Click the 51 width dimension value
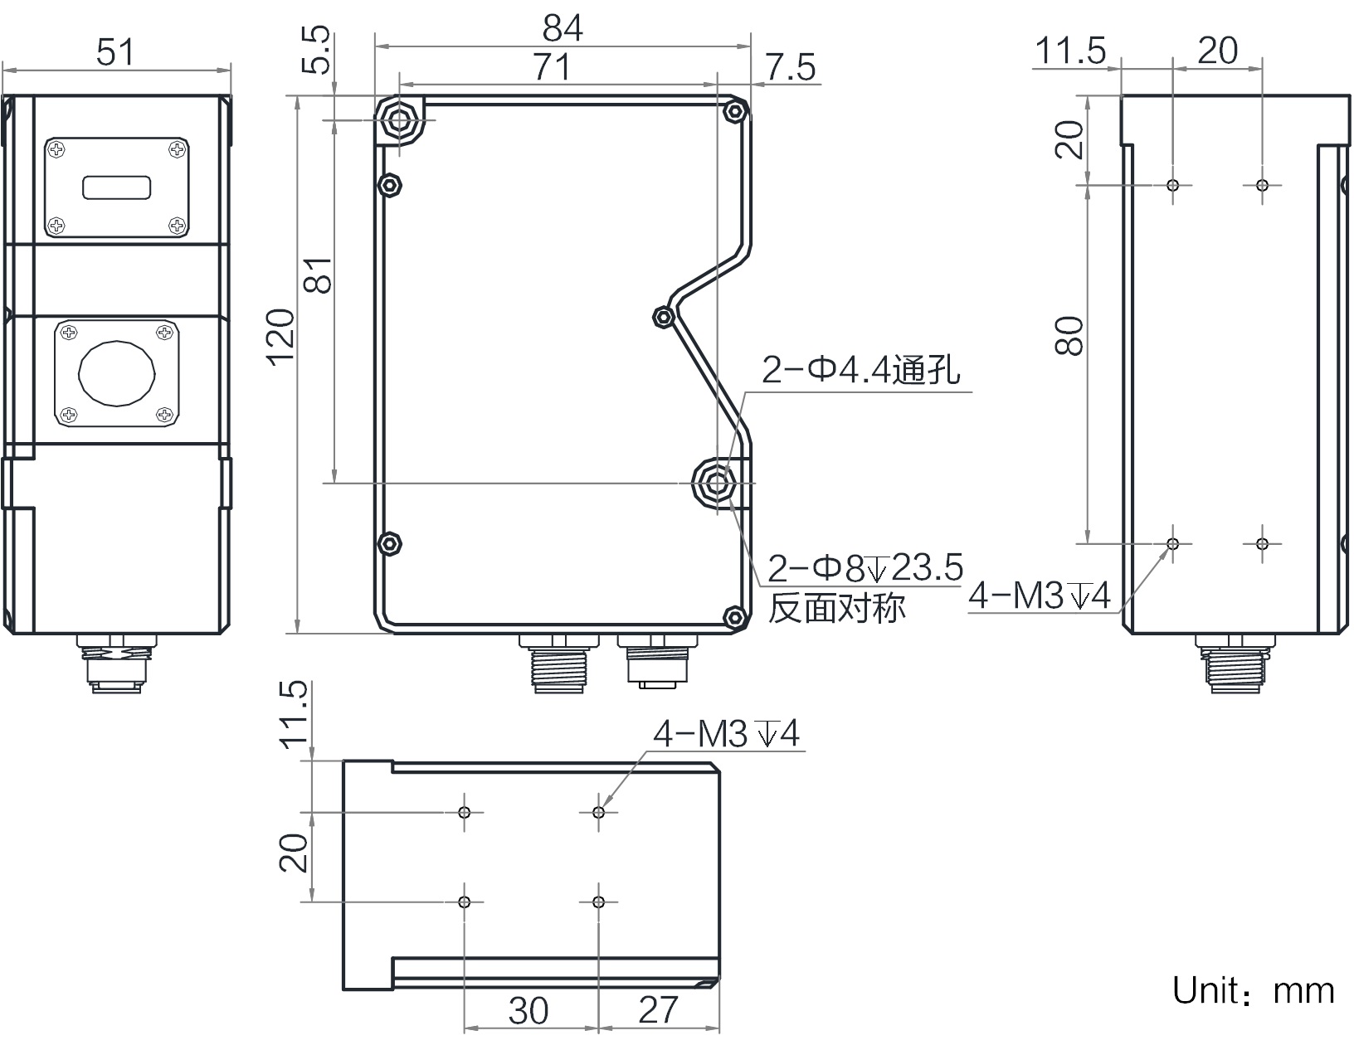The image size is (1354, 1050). (114, 53)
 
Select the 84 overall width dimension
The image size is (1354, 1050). (563, 30)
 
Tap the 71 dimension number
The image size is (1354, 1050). (551, 67)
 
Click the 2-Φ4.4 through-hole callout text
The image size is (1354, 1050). (860, 371)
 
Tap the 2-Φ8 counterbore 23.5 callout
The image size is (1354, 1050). (865, 568)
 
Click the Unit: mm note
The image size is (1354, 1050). (1252, 990)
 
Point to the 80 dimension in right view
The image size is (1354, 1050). (1070, 336)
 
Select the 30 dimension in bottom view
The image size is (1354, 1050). (528, 1010)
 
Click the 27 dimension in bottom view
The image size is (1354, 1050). (658, 1010)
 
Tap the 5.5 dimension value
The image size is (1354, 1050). (316, 51)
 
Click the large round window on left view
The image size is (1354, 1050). (116, 374)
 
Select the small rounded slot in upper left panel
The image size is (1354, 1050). (116, 187)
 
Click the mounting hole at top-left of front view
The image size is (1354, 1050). (400, 121)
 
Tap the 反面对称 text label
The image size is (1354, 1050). (836, 608)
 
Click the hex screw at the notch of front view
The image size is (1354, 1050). (663, 316)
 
